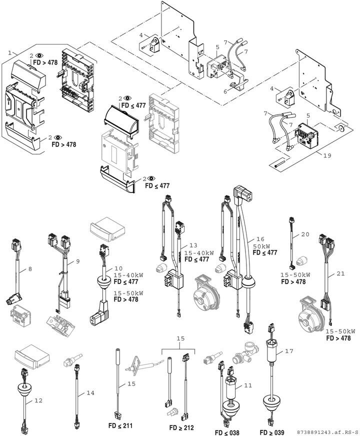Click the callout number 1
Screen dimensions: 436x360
point(9,52)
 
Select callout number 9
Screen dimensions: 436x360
point(77,261)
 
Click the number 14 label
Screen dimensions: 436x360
point(90,393)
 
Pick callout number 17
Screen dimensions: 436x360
point(289,351)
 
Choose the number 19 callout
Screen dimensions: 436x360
point(327,155)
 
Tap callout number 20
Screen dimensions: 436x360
point(305,234)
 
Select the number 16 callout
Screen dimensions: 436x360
point(260,240)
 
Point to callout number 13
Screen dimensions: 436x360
point(193,245)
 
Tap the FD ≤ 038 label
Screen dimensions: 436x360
point(227,432)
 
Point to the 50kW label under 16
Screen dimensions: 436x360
point(262,246)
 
